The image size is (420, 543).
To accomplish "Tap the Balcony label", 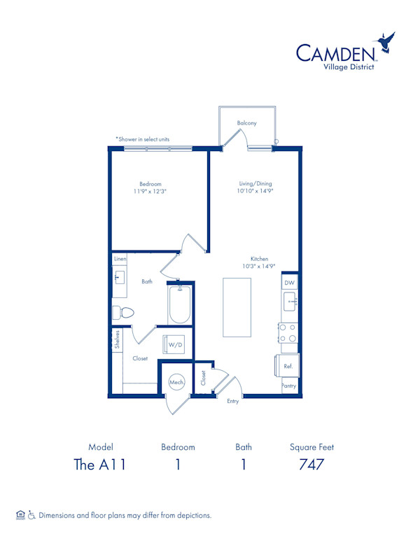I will pos(246,123).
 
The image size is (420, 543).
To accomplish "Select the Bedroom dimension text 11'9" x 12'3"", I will pos(150,191).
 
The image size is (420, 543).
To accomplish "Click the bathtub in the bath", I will pos(180,305).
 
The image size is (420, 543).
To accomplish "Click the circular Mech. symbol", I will pos(176,383).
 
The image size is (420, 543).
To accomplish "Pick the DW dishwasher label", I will pos(290,282).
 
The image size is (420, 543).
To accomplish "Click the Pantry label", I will pos(288,386).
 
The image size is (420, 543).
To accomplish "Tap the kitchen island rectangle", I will pos(237,307).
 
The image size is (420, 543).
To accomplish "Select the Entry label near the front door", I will pos(232,401).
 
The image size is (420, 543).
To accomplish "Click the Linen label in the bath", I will pos(120,260).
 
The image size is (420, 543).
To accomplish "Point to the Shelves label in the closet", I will pos(118,339).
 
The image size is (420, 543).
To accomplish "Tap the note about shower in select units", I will pos(143,139).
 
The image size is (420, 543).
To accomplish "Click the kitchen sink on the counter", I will pos(290,302).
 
